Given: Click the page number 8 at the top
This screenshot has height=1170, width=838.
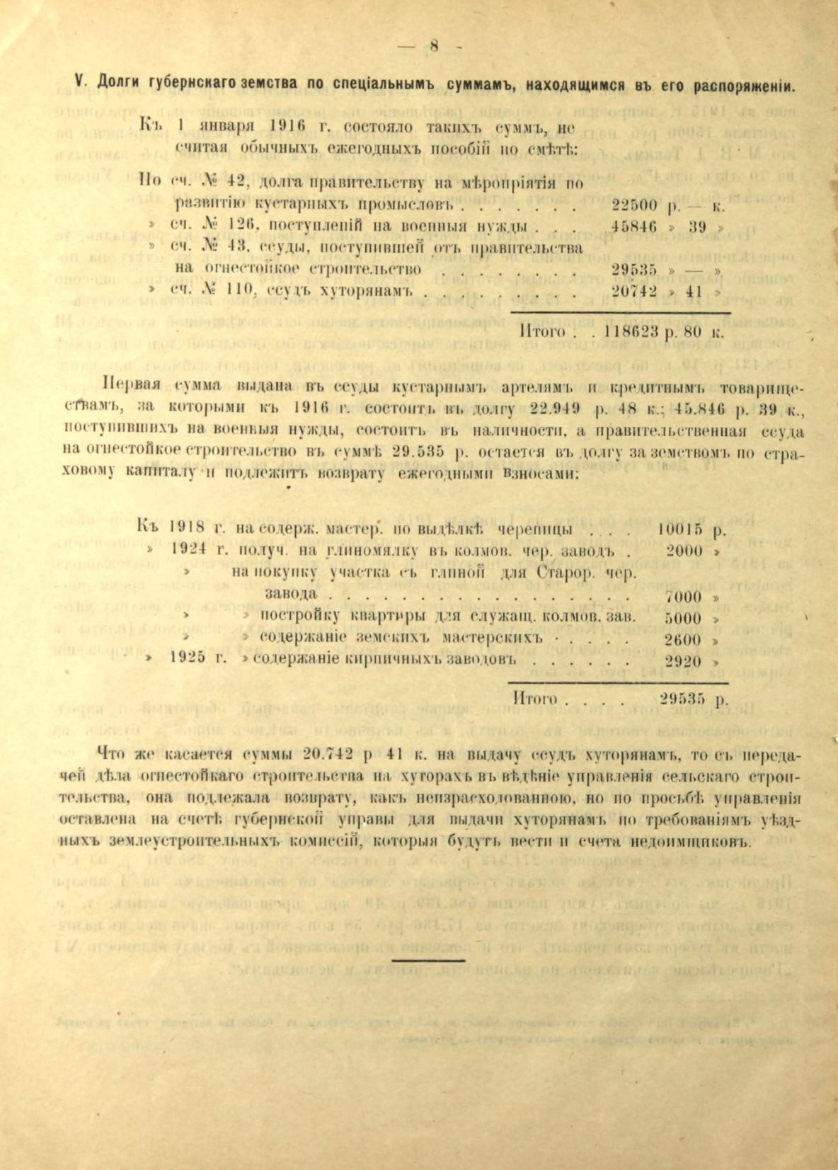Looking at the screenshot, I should coord(434,46).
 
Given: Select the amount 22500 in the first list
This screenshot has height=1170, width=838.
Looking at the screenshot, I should coord(634,206).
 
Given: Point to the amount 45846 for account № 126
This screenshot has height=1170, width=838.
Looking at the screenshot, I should coord(634,227).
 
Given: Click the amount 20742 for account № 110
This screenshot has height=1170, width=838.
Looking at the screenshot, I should coord(634,291).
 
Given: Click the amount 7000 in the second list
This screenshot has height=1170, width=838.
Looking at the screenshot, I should coord(684,596).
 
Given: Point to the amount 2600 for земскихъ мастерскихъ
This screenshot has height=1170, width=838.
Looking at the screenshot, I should coord(684,639).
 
